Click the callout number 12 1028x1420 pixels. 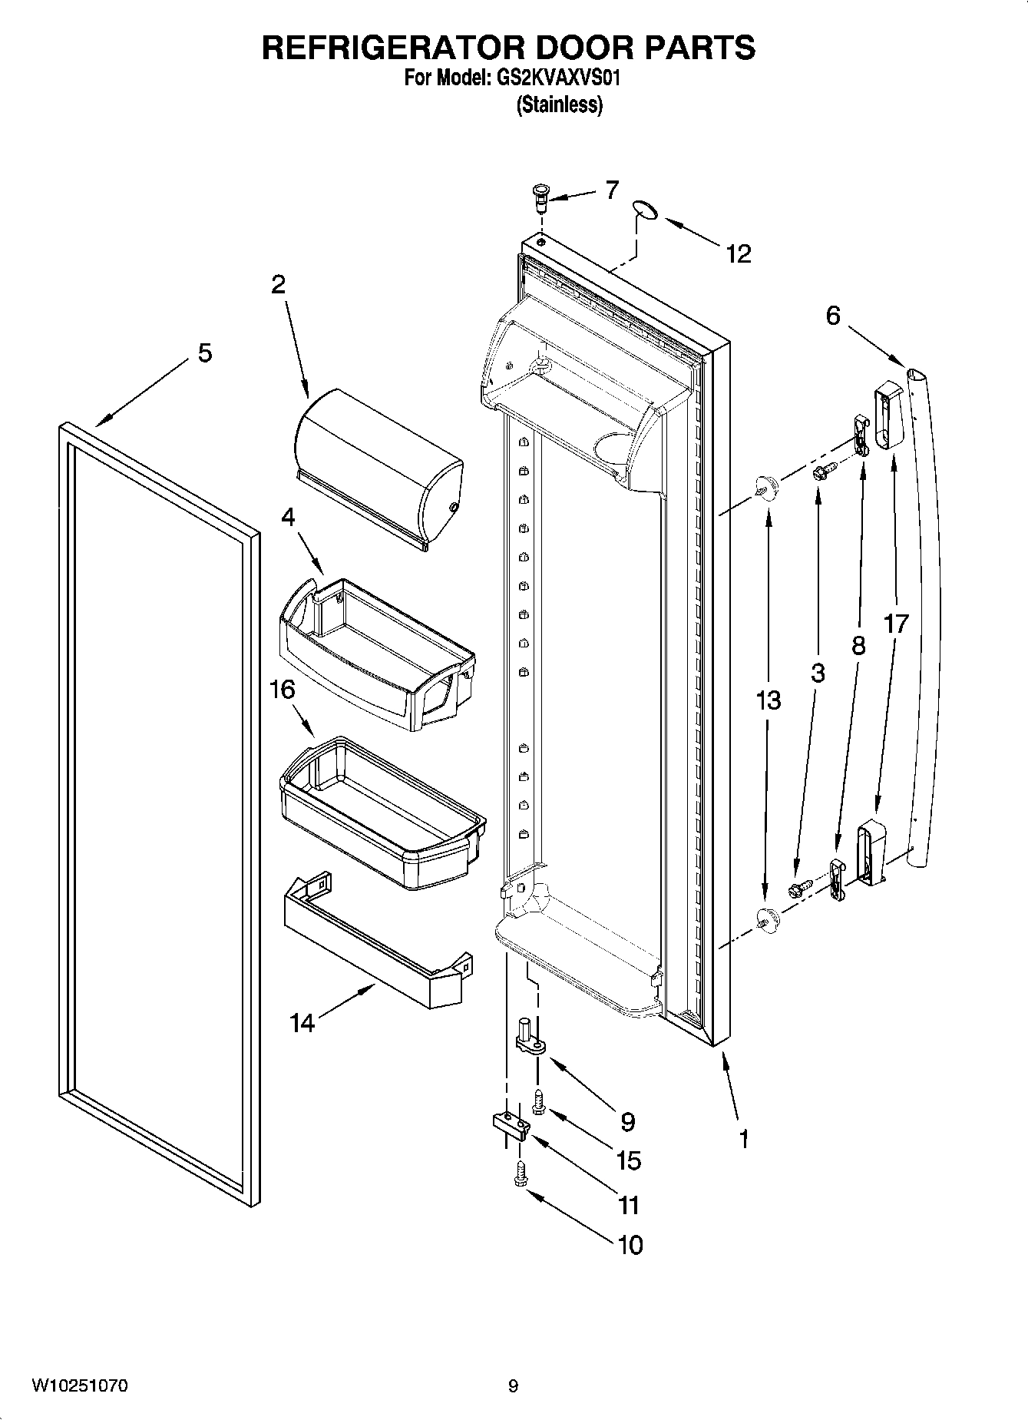pos(738,254)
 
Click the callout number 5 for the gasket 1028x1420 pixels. pos(205,353)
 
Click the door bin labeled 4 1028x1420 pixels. pos(376,653)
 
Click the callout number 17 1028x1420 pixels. pos(895,624)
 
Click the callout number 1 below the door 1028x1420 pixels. pos(742,1139)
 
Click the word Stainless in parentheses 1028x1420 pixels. pos(559,104)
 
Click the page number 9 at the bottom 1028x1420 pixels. pos(513,1386)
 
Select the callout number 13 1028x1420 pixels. pos(768,700)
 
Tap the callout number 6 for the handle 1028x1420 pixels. pos(833,316)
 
